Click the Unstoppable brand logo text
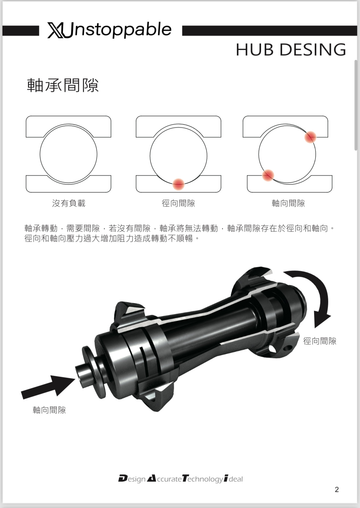[x=110, y=30]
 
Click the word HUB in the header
[x=255, y=49]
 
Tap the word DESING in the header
[x=313, y=49]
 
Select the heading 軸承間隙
[x=63, y=85]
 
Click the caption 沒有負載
[x=69, y=203]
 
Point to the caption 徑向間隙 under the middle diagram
[x=178, y=203]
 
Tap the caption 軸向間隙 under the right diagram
[x=288, y=203]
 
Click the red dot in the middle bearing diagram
[x=178, y=184]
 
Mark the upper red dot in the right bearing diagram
[x=310, y=137]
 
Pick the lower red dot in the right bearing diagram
[x=268, y=175]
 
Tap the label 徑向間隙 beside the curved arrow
[x=320, y=341]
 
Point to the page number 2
[x=337, y=489]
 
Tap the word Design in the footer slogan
[x=132, y=479]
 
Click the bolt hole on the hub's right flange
[x=288, y=347]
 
